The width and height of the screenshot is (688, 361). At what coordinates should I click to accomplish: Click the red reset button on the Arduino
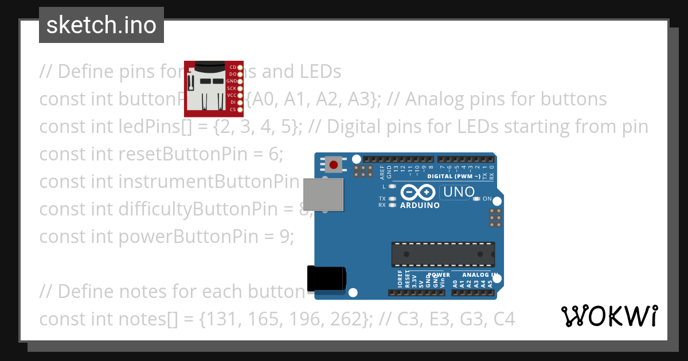334,166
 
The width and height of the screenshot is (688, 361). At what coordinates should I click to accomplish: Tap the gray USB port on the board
323,194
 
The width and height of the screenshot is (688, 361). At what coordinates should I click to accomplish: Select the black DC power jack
326,279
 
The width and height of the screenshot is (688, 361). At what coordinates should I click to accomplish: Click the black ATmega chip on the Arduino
443,254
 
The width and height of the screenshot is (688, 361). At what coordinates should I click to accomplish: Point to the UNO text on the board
458,192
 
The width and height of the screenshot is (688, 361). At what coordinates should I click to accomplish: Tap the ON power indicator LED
478,199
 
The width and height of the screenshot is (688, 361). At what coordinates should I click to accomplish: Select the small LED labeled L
392,187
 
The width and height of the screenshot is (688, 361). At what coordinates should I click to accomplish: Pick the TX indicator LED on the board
392,199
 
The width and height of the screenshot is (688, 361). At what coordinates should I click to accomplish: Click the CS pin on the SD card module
240,109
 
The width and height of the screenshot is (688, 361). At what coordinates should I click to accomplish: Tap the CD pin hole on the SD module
240,68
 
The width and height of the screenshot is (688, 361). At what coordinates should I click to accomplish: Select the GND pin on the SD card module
240,81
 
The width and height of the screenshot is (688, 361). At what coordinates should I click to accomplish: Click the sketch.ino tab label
101,25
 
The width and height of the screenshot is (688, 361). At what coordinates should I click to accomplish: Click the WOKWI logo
609,316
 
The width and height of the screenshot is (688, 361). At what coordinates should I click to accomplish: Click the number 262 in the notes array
347,319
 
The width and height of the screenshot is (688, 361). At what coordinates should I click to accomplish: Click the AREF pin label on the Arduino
382,170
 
